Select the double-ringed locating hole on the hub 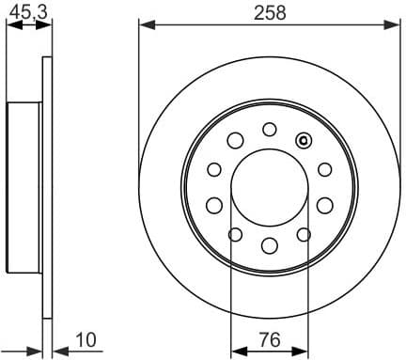[303, 141]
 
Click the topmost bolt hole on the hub [270, 129]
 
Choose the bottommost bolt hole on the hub [270, 246]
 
